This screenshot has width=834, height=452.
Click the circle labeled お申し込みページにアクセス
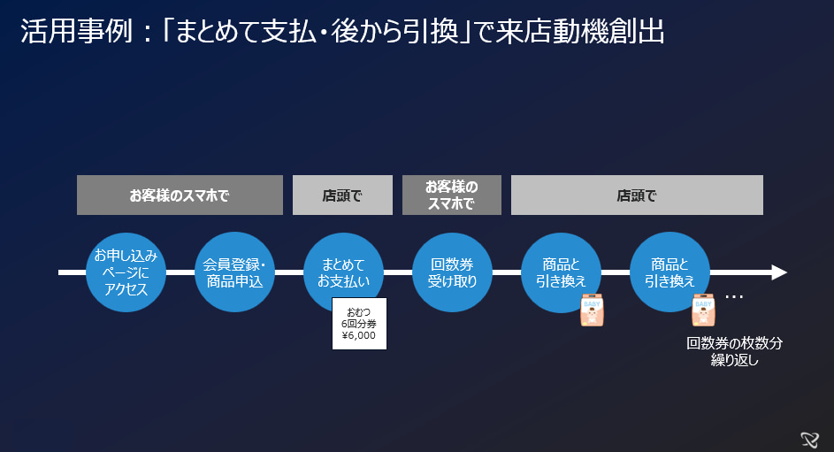point(126,272)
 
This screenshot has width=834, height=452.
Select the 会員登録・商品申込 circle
point(234,272)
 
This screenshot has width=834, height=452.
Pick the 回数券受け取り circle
point(452,272)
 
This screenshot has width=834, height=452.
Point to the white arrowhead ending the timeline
point(778,272)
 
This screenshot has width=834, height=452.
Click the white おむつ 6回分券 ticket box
point(359,324)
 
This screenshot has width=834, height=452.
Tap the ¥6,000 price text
point(358,336)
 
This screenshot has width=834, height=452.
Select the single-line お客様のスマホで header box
point(180,195)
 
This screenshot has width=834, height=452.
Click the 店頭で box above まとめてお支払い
point(342,195)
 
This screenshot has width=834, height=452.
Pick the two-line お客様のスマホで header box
point(451,195)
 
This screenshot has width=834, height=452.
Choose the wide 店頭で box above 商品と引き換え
point(637,195)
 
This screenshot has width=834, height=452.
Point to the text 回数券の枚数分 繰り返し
point(735,351)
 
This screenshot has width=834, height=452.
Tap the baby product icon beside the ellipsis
point(703,310)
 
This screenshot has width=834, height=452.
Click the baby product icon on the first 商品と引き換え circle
point(592,310)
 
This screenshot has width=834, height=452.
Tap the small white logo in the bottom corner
point(808,437)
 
